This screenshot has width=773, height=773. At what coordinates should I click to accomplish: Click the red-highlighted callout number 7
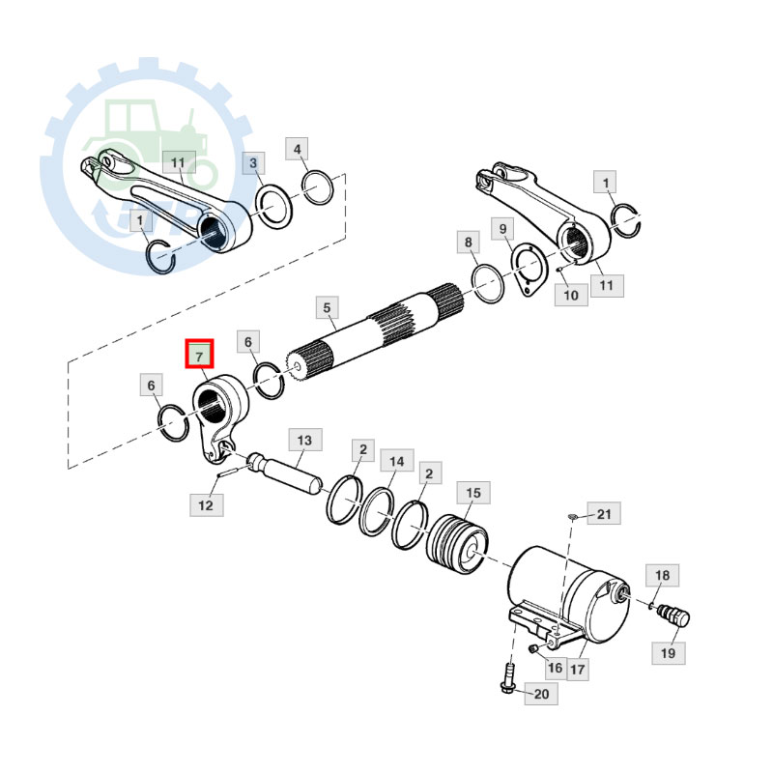[x=200, y=355]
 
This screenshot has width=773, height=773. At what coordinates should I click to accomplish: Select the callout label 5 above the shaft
[x=327, y=309]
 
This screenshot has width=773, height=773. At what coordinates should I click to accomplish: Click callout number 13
[x=304, y=441]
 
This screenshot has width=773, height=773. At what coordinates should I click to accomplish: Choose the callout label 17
[x=577, y=668]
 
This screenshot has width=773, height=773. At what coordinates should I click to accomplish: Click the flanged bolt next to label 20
[x=507, y=678]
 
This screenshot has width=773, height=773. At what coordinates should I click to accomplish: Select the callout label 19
[x=668, y=653]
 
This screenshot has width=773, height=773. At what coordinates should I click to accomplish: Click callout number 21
[x=603, y=514]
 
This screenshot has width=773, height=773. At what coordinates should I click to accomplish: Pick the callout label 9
[x=502, y=229]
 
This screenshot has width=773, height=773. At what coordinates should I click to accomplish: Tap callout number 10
[x=570, y=294]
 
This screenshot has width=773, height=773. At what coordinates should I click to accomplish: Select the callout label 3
[x=253, y=163]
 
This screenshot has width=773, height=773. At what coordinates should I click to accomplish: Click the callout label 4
[x=298, y=149]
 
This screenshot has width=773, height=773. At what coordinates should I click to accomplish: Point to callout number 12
[x=205, y=504]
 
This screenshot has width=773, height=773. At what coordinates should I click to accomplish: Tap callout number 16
[x=554, y=666]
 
